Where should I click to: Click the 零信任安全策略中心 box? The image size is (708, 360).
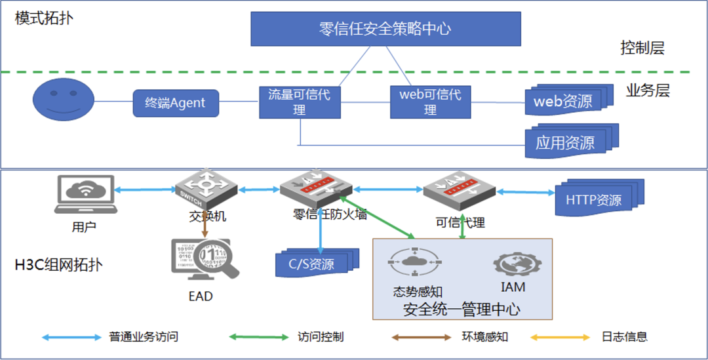point(385,29)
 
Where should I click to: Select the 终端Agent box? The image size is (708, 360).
point(175,103)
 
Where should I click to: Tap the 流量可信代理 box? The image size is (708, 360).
point(300,102)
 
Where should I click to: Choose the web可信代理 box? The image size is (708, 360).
point(430,102)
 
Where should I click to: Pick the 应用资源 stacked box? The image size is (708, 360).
point(565,142)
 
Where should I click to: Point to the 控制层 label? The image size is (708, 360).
point(642,48)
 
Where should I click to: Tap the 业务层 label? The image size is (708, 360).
point(648,91)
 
